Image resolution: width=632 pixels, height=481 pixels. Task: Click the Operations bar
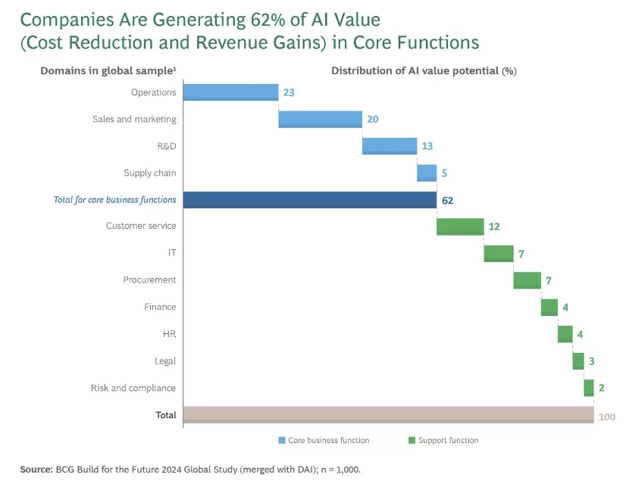coord(230,92)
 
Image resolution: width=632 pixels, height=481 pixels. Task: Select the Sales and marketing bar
coord(320,119)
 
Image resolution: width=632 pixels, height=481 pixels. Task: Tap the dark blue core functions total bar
coord(309,200)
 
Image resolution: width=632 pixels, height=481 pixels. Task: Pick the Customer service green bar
coord(460,226)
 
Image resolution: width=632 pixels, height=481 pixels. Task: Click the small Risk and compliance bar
coord(589,388)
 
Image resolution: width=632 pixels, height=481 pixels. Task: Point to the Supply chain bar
coord(427,173)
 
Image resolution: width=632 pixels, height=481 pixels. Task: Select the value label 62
coord(448,200)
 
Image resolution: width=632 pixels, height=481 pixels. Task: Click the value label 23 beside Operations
coord(288,92)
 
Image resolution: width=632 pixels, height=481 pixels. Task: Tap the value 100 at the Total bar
coord(606,417)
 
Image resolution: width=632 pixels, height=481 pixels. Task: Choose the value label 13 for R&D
coord(427,146)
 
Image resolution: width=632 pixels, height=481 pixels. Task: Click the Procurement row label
coord(149,280)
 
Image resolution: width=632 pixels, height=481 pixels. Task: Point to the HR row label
coord(169,334)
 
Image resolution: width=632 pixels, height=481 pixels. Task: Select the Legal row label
coord(165,361)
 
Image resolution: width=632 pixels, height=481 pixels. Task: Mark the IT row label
coord(171,253)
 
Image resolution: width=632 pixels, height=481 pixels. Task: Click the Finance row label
coord(160,307)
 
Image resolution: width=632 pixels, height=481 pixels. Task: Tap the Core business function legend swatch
coord(282,440)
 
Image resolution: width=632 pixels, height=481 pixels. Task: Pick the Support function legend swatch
coord(412,440)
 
